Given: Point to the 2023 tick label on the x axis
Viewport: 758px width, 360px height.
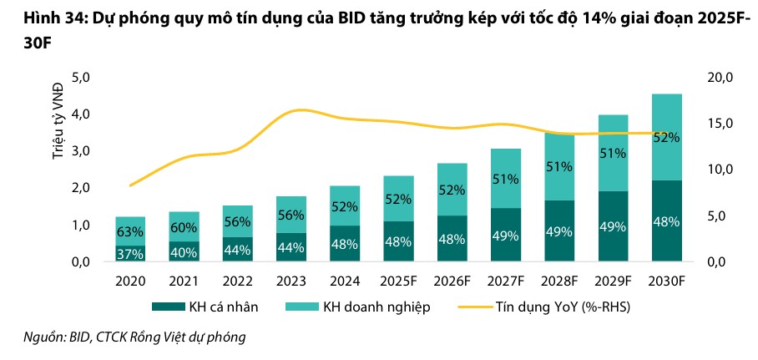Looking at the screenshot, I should pyautogui.click(x=291, y=281).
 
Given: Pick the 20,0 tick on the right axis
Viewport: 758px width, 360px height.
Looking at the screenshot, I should pyautogui.click(x=719, y=78).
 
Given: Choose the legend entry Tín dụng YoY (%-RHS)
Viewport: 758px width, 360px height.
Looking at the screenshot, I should pyautogui.click(x=551, y=307).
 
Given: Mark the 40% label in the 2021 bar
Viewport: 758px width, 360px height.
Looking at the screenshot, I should pyautogui.click(x=184, y=251).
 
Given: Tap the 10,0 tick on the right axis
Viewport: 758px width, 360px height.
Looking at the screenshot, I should pyautogui.click(x=719, y=170).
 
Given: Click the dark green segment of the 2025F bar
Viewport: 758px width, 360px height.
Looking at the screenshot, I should pyautogui.click(x=398, y=241).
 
